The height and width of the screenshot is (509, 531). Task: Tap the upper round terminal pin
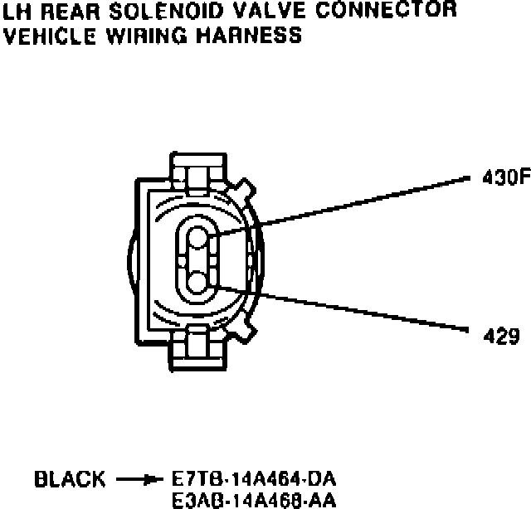198,239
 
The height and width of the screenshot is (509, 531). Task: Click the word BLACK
70,479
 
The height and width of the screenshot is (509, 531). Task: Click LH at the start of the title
16,11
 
